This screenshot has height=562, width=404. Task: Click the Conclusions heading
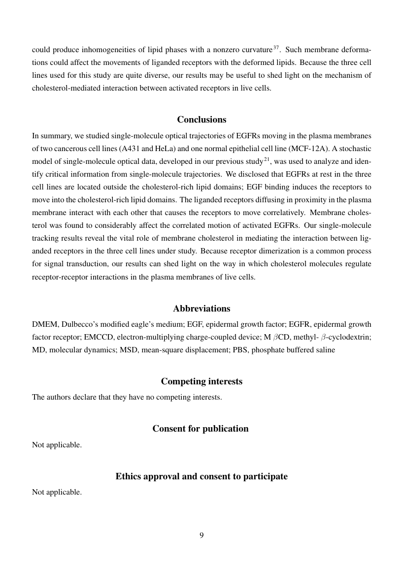click(202, 120)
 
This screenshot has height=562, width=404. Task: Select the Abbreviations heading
click(202, 309)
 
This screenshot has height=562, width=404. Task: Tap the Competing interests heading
click(202, 381)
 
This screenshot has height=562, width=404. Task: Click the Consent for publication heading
click(201, 429)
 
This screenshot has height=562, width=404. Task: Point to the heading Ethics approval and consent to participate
click(202, 476)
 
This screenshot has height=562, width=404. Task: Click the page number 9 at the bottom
click(202, 535)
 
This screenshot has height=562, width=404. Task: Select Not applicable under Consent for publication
click(57, 445)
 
